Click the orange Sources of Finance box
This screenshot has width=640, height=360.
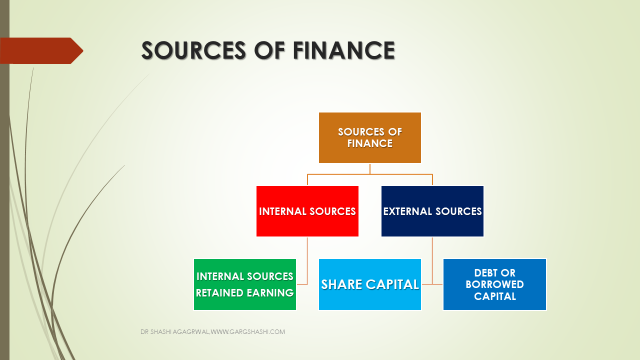370,137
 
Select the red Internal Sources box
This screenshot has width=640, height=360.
307,211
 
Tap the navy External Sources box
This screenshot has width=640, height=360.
432,211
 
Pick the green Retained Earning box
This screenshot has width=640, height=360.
245,284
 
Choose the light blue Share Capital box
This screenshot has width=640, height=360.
370,284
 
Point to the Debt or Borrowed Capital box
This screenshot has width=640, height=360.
495,284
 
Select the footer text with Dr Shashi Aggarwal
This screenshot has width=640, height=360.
214,329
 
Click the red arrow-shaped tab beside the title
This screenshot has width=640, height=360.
41,50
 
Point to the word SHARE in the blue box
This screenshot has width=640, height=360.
342,284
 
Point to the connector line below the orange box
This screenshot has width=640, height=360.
370,171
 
